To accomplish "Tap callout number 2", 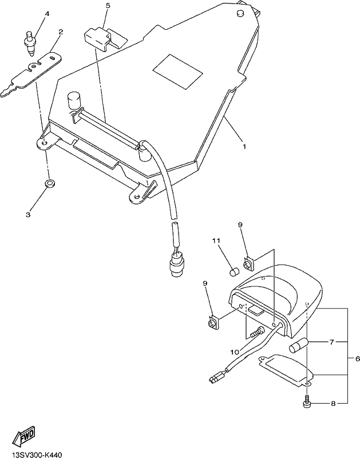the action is [x=61, y=32].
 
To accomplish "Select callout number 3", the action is [x=28, y=215].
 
